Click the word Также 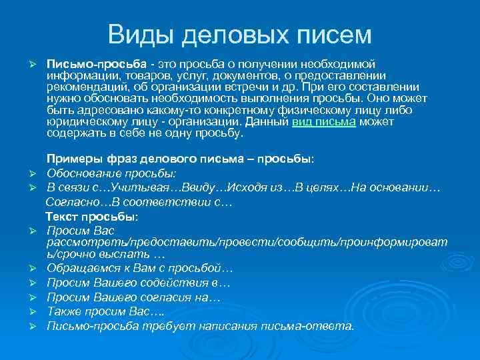pyautogui.click(x=64, y=312)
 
